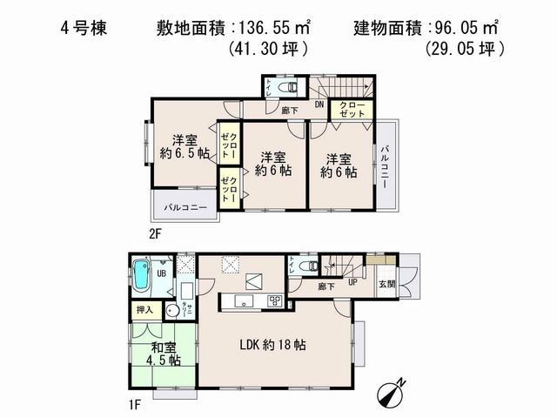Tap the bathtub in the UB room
click(144, 280)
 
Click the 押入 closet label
click(144, 310)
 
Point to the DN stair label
click(319, 105)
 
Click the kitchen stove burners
click(275, 301)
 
